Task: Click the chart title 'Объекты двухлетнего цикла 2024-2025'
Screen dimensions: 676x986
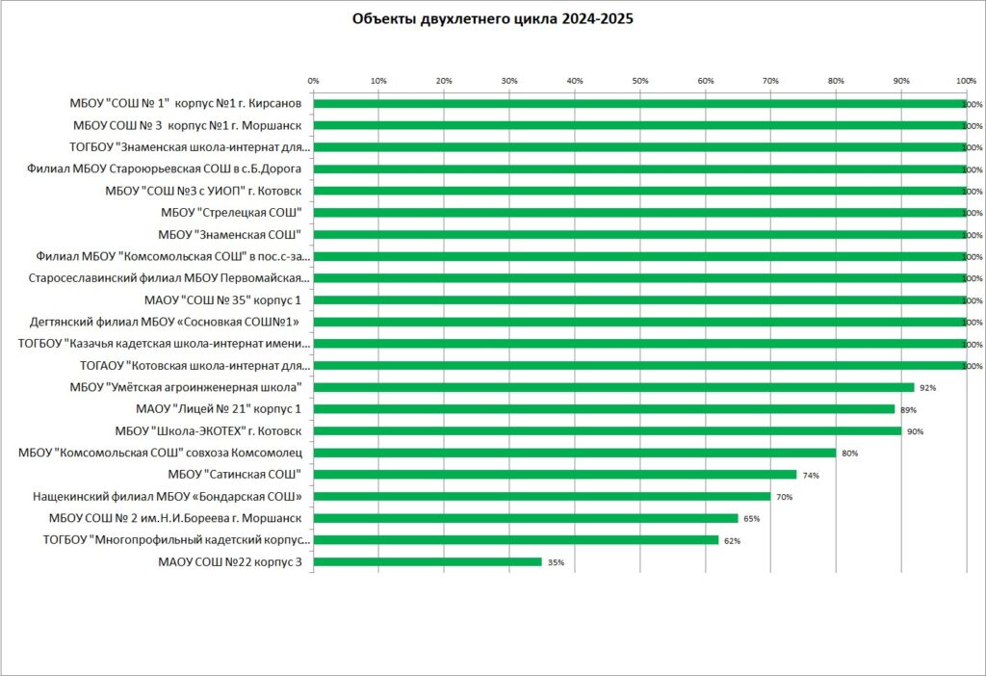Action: coord(492,19)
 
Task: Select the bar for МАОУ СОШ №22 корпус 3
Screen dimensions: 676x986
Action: coord(428,561)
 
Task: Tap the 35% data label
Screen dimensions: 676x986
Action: coord(556,562)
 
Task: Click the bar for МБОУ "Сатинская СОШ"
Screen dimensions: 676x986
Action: coord(555,475)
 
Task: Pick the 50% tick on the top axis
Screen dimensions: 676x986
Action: coord(640,80)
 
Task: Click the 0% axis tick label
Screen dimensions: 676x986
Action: coord(313,80)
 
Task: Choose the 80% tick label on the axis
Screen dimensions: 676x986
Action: coord(836,80)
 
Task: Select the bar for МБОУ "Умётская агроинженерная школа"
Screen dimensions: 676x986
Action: coord(613,387)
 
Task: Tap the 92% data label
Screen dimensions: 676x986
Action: coord(928,388)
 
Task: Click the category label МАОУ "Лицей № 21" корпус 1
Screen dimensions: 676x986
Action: coord(219,409)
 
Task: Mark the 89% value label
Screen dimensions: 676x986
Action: coord(908,410)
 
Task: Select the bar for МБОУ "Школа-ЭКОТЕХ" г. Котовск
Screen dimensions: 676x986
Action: coord(607,430)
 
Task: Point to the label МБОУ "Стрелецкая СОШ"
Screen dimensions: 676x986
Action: coord(231,212)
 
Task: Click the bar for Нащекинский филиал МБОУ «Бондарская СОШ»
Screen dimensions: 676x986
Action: coord(541,496)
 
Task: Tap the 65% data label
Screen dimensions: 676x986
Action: coord(751,519)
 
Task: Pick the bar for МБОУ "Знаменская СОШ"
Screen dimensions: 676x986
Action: coord(639,234)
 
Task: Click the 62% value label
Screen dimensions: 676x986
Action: coord(732,541)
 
